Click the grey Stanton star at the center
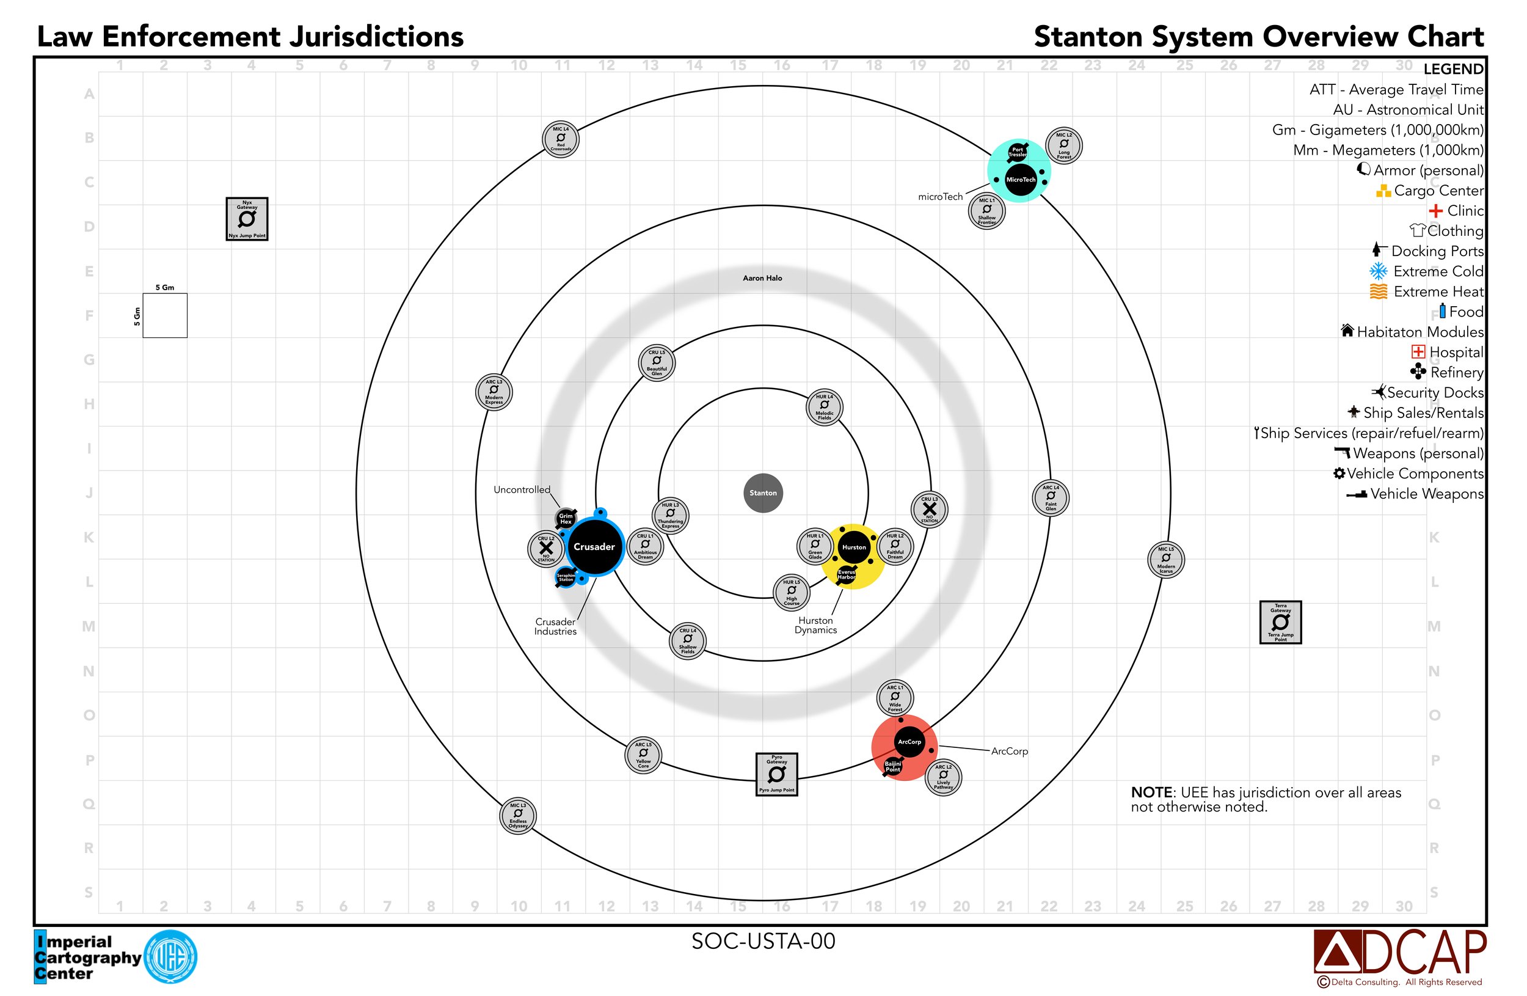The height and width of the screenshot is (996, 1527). coord(763,493)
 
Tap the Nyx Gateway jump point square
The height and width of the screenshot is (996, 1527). coord(246,219)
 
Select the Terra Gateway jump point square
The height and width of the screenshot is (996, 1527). coord(1280,622)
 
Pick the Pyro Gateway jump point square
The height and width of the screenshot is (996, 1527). coord(776,774)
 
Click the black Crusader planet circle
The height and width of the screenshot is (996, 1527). coord(594,547)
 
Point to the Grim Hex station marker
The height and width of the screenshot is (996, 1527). coord(565,519)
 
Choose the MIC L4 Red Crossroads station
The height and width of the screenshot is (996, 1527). coord(561,139)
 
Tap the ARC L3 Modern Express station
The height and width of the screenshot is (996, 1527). coord(494,392)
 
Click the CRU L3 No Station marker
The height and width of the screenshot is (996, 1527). coord(929,510)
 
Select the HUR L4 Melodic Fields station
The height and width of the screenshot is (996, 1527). coord(824,407)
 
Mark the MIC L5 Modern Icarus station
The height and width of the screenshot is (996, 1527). coord(1165,560)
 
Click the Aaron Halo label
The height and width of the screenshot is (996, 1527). coord(762,278)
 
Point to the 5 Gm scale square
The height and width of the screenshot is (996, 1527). coord(165,315)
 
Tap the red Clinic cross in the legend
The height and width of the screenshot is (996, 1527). coord(1435,210)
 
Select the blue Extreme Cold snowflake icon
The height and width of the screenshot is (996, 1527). coord(1378,271)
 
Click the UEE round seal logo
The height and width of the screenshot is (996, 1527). coord(170,957)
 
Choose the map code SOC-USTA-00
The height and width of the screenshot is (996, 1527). coord(763,941)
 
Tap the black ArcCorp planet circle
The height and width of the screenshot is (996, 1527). coord(909,741)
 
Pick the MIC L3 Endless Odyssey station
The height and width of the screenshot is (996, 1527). coord(518,816)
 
